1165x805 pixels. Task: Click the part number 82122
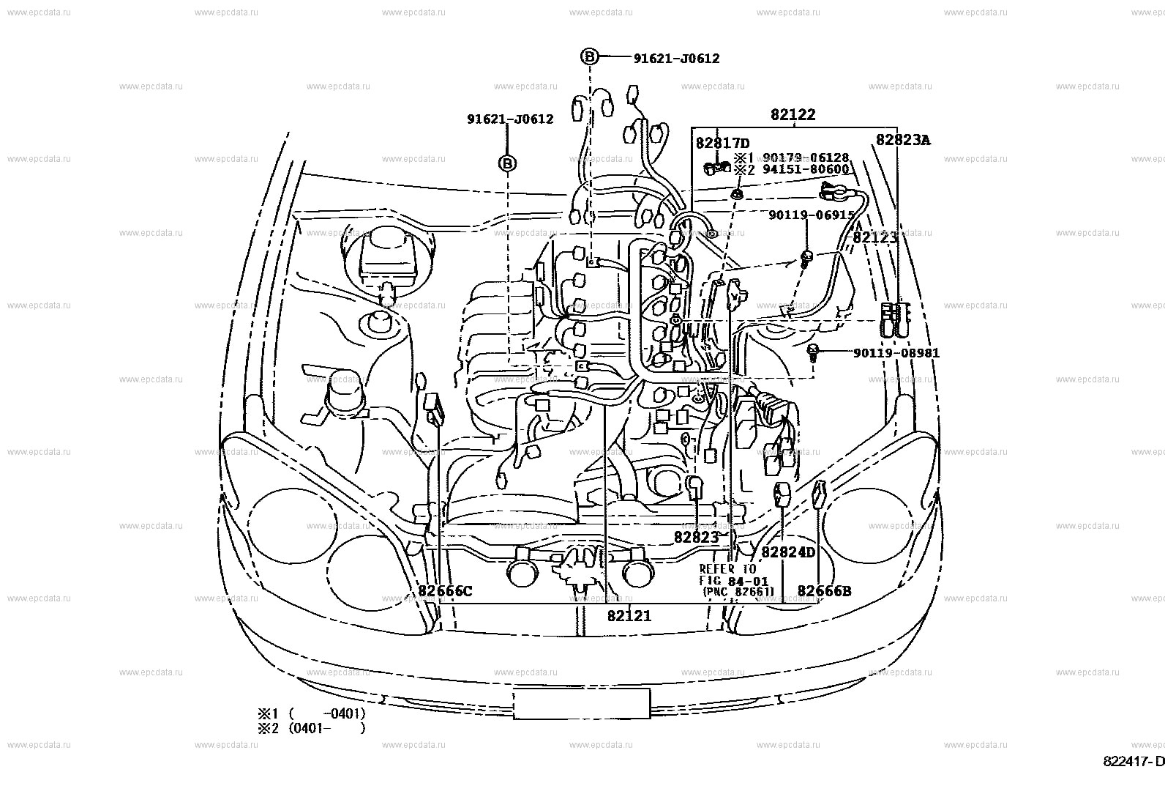[792, 115]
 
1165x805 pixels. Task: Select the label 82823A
[903, 139]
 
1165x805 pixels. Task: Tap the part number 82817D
[722, 144]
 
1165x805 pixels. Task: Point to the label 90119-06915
[811, 215]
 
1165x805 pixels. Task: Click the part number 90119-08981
[896, 353]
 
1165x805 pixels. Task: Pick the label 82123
[874, 237]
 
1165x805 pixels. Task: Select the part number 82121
[629, 616]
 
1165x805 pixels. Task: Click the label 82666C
[446, 591]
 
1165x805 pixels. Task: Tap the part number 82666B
[824, 591]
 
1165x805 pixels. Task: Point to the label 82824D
[787, 552]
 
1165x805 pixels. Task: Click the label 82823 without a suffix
[696, 537]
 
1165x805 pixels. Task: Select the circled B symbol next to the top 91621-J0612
[590, 56]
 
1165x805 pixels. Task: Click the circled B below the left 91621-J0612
[508, 163]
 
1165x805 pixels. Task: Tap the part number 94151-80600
[805, 170]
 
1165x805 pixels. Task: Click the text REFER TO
[727, 569]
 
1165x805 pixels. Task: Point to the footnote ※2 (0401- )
[310, 728]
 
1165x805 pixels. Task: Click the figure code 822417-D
[1133, 762]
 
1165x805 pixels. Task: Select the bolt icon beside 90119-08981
[813, 352]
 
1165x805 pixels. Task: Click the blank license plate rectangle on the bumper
[581, 703]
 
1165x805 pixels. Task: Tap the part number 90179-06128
[805, 157]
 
